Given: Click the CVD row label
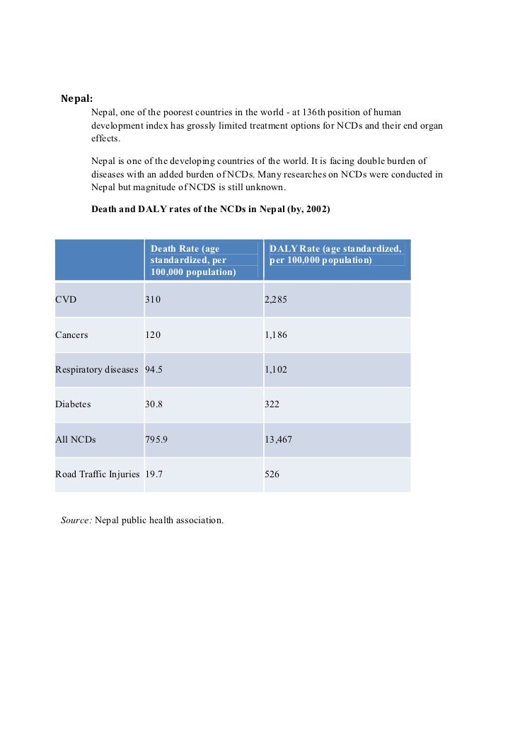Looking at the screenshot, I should [x=66, y=300].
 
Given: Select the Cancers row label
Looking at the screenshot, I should [x=72, y=334].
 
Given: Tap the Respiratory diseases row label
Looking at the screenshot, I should [x=97, y=370].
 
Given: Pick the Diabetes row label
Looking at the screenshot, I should [x=73, y=404].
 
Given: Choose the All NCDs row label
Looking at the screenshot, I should [x=75, y=440].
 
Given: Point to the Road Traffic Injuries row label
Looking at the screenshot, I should [x=98, y=474].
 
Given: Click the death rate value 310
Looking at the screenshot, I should [x=153, y=300].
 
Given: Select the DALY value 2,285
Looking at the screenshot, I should [x=276, y=300].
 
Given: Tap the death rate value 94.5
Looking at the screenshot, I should [x=155, y=370].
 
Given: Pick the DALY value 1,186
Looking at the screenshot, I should [x=276, y=334].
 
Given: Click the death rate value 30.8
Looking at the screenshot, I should [x=155, y=404].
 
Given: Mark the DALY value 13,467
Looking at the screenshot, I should [x=278, y=440].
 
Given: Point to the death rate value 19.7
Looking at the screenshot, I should [x=155, y=474].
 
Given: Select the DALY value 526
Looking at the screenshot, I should [x=272, y=474].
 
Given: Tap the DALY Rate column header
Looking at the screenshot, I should [x=336, y=254].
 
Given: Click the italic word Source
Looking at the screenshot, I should [x=76, y=520].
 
